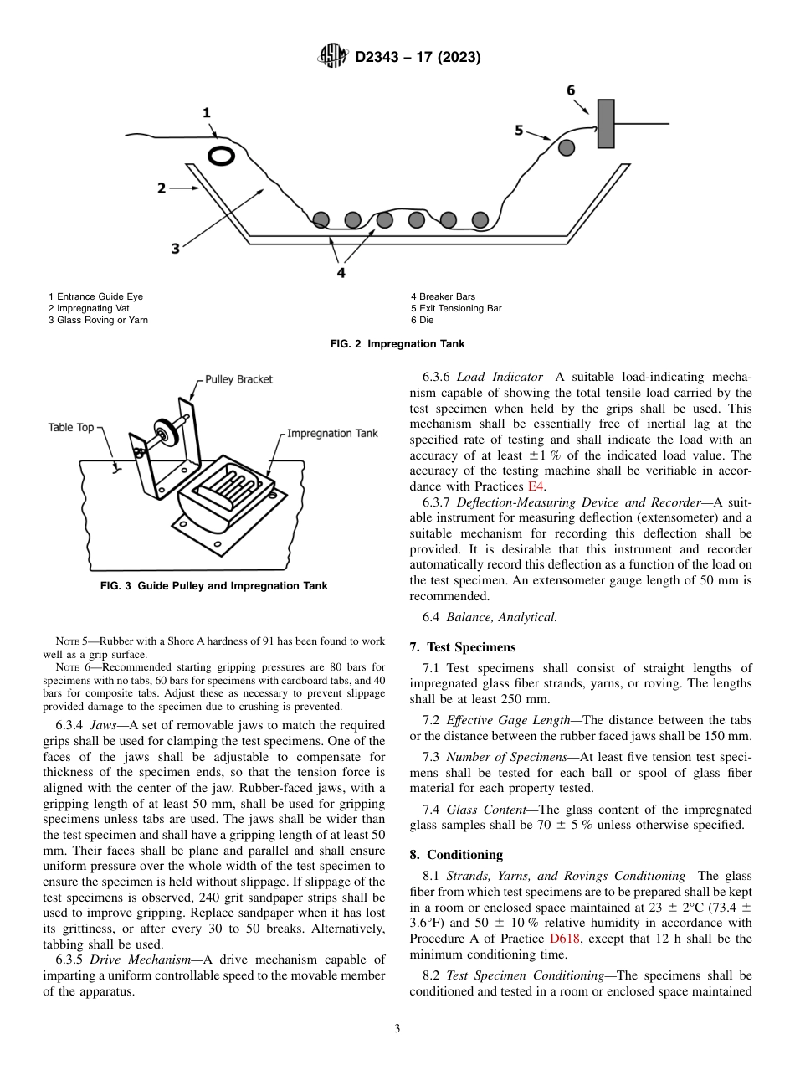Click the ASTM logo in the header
coord(333,57)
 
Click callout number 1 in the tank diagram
coord(206,113)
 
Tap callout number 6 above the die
coord(571,90)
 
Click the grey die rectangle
coord(605,124)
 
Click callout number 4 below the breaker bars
coord(341,272)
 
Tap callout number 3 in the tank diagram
coord(175,249)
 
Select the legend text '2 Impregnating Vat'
coord(88,308)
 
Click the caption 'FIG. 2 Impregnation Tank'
coord(397,344)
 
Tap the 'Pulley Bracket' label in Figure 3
coord(239,379)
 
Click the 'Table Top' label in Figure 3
coord(71,427)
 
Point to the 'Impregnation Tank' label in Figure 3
coord(332,434)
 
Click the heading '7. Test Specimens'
coord(463,646)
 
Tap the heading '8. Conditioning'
coord(456,855)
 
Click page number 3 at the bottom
coord(397,1029)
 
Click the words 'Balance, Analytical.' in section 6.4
coord(501,617)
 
